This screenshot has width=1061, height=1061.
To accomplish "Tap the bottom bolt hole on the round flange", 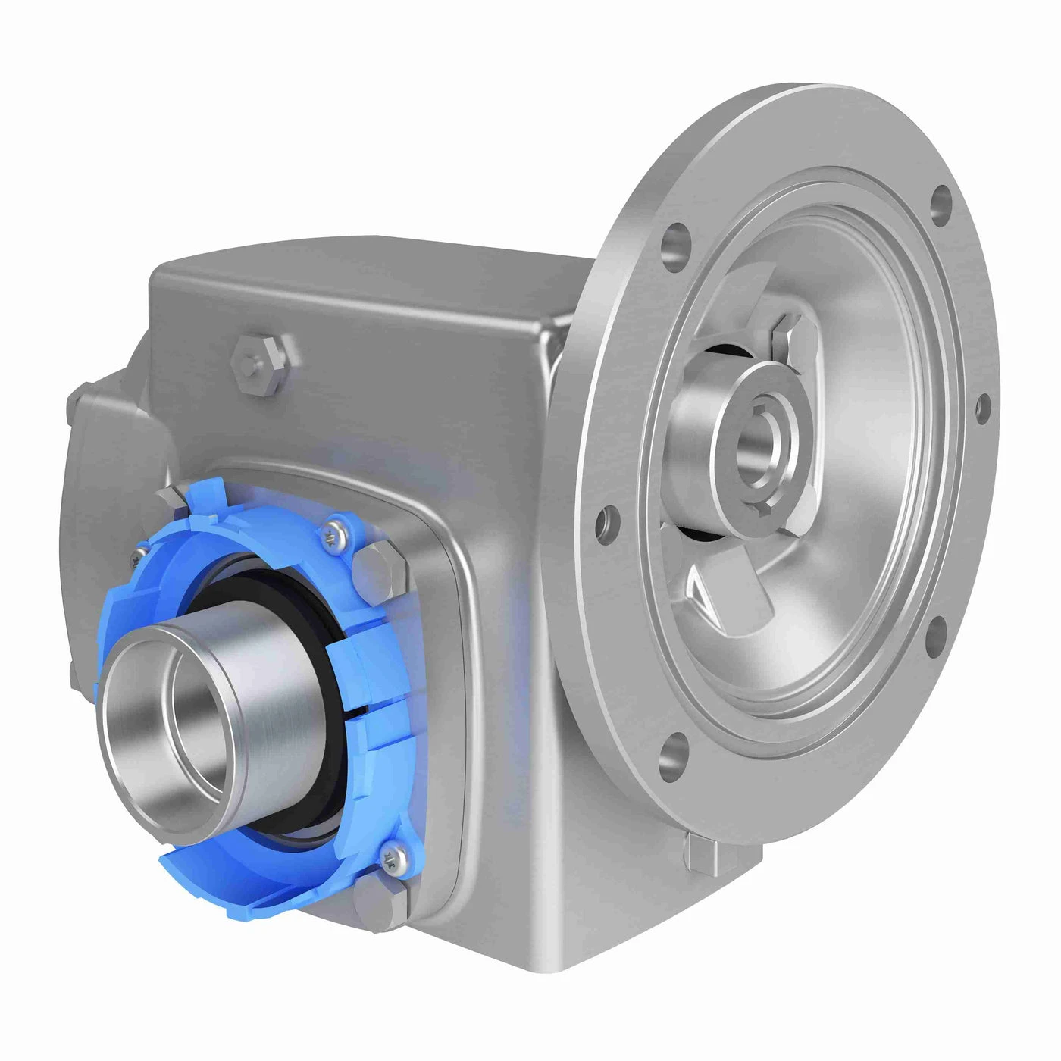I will (x=671, y=755).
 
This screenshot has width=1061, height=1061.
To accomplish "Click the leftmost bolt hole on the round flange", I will (x=604, y=520).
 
